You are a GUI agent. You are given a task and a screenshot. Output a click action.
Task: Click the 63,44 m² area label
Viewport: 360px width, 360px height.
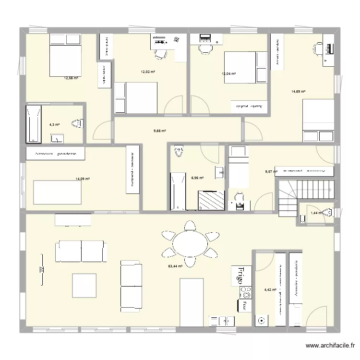pyautogui.click(x=175, y=266)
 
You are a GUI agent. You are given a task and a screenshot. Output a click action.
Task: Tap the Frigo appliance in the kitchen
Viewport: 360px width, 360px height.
pyautogui.click(x=241, y=276)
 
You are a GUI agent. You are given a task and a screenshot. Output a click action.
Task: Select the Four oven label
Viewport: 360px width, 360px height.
pyautogui.click(x=244, y=304)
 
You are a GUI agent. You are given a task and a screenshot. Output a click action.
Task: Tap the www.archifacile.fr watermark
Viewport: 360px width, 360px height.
pyautogui.click(x=331, y=345)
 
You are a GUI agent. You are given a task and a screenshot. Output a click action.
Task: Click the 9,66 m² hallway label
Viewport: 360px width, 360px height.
pyautogui.click(x=159, y=131)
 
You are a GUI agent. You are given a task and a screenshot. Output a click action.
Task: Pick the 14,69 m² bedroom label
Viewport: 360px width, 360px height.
pyautogui.click(x=298, y=91)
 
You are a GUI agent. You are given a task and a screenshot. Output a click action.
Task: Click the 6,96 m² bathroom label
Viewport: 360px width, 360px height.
pyautogui.click(x=197, y=178)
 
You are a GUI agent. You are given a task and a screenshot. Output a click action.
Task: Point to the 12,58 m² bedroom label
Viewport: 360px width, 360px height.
pyautogui.click(x=71, y=78)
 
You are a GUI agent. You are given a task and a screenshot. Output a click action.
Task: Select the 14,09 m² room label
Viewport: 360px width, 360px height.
pyautogui.click(x=83, y=179)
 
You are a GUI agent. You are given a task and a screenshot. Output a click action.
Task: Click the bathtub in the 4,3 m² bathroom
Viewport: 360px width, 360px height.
pyautogui.click(x=33, y=124)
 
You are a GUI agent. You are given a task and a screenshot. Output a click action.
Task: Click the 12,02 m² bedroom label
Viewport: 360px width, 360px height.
pyautogui.click(x=147, y=72)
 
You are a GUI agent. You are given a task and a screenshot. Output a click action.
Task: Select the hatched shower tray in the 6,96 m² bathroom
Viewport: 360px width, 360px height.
pyautogui.click(x=211, y=200)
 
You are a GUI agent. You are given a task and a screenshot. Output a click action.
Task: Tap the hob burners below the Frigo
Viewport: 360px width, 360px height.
pyautogui.click(x=246, y=292)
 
